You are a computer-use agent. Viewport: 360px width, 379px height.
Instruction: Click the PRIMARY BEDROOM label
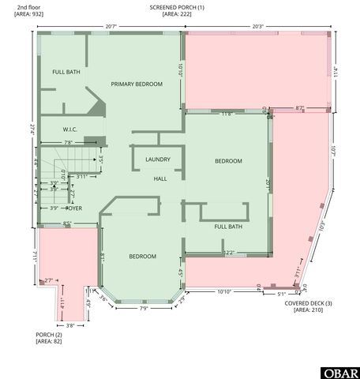click(x=137, y=84)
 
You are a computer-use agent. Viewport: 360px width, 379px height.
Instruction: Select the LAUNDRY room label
click(x=158, y=159)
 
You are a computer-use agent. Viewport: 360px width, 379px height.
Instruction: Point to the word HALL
click(x=160, y=178)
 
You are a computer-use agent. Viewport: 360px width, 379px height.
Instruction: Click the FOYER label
click(x=74, y=208)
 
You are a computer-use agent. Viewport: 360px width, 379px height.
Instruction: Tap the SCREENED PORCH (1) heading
click(x=177, y=7)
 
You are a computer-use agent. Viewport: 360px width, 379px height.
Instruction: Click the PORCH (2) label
click(x=50, y=335)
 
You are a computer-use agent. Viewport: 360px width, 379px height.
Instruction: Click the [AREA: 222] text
click(x=177, y=14)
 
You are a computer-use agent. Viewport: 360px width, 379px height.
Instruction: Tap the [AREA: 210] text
click(x=309, y=310)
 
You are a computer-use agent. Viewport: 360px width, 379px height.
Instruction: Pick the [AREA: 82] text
click(x=48, y=342)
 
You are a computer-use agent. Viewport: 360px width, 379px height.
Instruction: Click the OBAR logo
click(x=340, y=372)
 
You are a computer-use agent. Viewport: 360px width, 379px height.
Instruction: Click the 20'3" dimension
click(x=258, y=26)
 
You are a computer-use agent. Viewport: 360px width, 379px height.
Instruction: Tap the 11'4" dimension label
click(x=335, y=70)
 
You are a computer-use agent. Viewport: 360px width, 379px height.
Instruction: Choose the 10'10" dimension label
click(x=224, y=292)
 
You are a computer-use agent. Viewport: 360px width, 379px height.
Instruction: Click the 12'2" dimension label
click(x=230, y=253)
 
